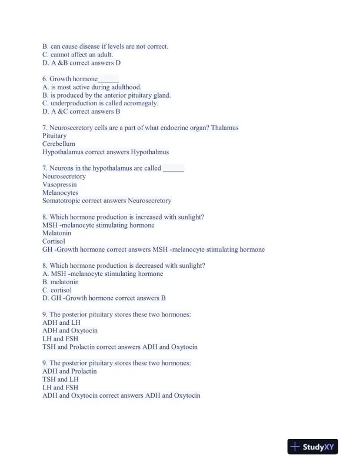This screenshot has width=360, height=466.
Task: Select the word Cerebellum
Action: coord(59,144)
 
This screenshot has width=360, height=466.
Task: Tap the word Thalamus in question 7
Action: coord(225,128)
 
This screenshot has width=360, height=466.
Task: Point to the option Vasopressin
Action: coord(59,184)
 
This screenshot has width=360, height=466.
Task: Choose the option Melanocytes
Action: coord(60,192)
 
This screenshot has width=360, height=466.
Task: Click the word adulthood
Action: coord(125,87)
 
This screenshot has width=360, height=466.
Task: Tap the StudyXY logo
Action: coord(313,447)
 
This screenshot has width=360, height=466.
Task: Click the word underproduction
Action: coord(72,103)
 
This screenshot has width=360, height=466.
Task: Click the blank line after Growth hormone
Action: coord(108,79)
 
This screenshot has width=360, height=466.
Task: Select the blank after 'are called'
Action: coord(173,168)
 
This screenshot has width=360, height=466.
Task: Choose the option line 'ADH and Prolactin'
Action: coord(69,371)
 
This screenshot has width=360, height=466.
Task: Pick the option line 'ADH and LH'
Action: coord(61,322)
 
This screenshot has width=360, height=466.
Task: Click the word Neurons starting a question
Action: coord(62,168)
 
